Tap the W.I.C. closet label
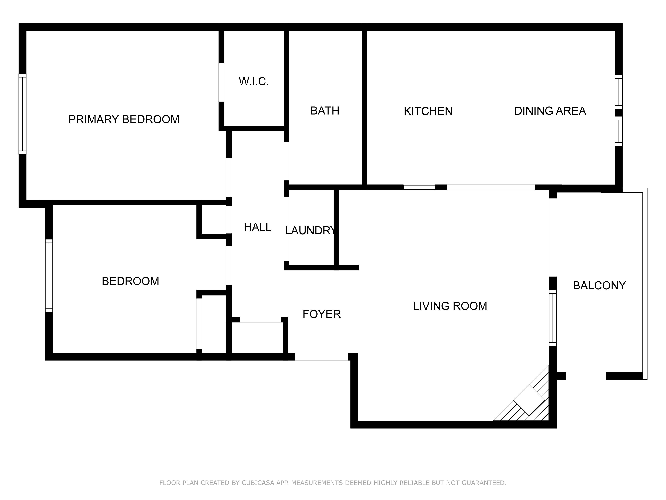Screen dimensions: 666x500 pyautogui.click(x=254, y=81)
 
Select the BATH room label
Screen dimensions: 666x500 pyautogui.click(x=325, y=111)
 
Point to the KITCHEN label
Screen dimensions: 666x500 pyautogui.click(x=428, y=111)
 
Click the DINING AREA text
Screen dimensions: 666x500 pyautogui.click(x=550, y=111)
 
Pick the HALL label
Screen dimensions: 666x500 pyautogui.click(x=258, y=227)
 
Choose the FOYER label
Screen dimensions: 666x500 pyautogui.click(x=322, y=314)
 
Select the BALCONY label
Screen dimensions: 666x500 pyautogui.click(x=599, y=285)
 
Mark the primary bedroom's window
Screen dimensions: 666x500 pyautogui.click(x=23, y=114)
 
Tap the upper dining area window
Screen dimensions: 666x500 pyautogui.click(x=618, y=92)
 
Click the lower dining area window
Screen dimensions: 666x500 pyautogui.click(x=618, y=131)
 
